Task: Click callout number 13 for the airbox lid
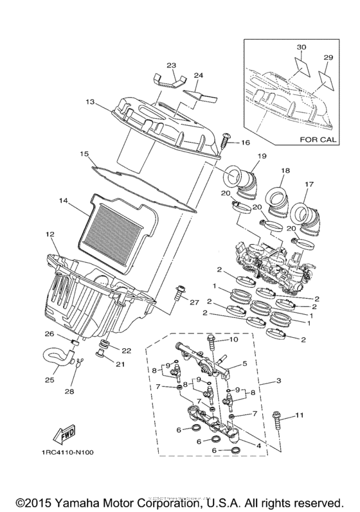(89, 102)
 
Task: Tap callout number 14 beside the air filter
(62, 201)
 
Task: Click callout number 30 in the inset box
(301, 48)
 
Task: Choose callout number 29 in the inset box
(329, 58)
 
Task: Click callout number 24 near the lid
(199, 75)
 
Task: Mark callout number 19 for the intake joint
(244, 157)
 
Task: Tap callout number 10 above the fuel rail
(233, 339)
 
